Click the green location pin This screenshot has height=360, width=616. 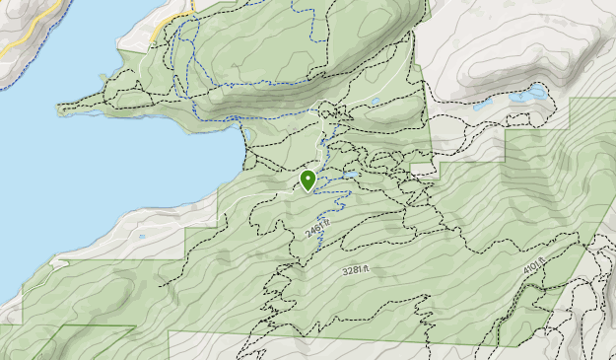click(308, 180)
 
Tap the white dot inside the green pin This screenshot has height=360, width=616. click(308, 178)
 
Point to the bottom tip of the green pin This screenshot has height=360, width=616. click(308, 191)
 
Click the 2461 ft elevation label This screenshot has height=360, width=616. click(316, 230)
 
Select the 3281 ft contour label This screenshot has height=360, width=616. click(355, 269)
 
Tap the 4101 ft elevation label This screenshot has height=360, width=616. click(533, 268)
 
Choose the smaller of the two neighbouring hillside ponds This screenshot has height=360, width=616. click(482, 104)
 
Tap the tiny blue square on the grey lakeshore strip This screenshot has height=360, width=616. click(143, 237)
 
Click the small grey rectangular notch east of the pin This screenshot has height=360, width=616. click(423, 170)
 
